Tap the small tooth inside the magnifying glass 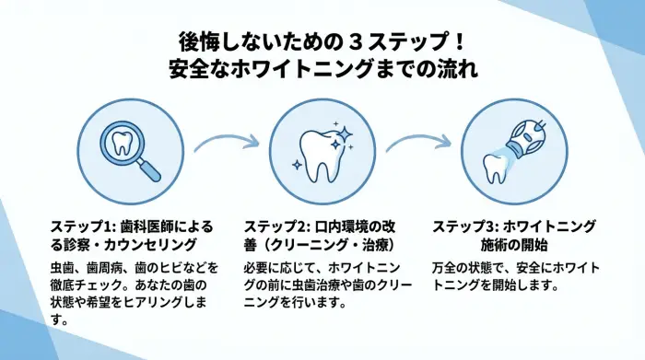click(x=121, y=145)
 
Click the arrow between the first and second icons click(x=223, y=143)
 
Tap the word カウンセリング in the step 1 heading click(x=157, y=245)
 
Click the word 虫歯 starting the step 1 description click(x=63, y=268)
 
